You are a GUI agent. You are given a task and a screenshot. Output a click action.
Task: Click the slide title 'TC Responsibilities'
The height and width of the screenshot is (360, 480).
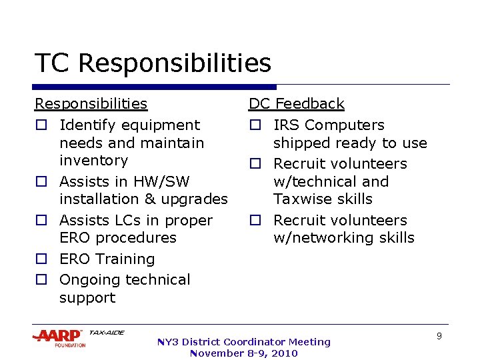[x=153, y=63]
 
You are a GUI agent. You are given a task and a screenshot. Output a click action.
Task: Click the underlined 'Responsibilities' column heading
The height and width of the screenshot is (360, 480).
[x=91, y=104]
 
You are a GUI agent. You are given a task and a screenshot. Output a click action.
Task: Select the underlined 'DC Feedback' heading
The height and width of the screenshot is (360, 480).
[x=296, y=104]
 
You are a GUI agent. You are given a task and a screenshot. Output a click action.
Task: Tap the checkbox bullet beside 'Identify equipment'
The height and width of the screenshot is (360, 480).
[x=41, y=125]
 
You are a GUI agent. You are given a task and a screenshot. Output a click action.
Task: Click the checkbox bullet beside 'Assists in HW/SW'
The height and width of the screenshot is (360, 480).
[x=41, y=182]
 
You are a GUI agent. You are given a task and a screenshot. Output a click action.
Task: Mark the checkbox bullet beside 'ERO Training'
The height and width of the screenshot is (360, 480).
[x=41, y=259]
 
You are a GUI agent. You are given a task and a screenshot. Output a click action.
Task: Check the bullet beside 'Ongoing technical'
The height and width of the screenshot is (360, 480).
[x=41, y=280]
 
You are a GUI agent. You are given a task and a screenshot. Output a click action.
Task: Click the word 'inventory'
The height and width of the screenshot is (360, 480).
[x=93, y=161]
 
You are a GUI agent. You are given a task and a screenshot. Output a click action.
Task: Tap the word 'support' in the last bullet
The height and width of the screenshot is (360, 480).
[x=87, y=298]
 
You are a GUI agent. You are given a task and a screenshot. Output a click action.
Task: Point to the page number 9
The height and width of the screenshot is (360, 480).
[x=439, y=337]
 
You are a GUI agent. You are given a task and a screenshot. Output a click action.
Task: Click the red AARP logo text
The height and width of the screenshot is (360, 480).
[x=57, y=335]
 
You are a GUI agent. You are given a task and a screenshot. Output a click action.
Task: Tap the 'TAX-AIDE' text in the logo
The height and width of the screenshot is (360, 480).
[x=106, y=333]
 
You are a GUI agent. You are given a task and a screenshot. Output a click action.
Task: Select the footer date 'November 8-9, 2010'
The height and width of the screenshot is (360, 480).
[x=243, y=353]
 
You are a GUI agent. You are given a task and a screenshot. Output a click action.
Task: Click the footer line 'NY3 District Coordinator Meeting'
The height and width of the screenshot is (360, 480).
[x=243, y=342]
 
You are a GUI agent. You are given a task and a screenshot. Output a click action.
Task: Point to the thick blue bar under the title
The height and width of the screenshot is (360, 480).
[x=155, y=87]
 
